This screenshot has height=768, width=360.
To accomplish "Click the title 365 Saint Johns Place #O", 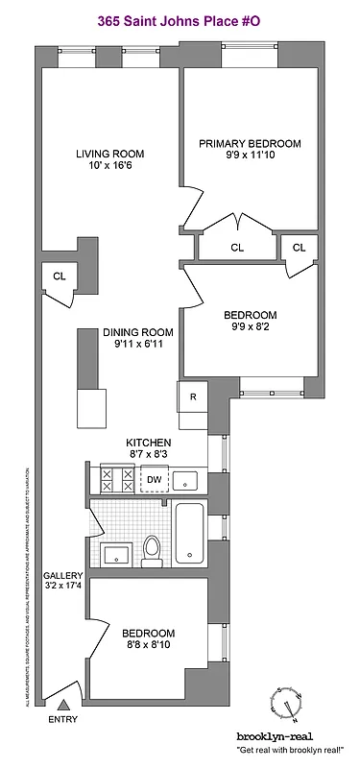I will tap(180, 16).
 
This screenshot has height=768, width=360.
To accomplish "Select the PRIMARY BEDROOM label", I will tap(250, 144).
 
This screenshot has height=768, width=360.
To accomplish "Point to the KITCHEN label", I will tap(148, 443).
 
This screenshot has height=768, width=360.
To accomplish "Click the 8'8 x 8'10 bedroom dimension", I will tap(148, 647).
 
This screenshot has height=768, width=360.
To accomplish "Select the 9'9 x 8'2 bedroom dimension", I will tap(251, 328).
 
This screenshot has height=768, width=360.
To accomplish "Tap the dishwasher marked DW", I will tap(154, 479).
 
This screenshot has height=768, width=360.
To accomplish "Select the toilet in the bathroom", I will tap(151, 548).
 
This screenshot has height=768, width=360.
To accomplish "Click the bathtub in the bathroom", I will tap(190, 535).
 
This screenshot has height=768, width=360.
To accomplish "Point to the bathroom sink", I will tap(118, 552).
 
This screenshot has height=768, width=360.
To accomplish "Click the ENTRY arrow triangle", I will tap(63, 706).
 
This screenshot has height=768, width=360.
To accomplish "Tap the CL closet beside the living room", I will tap(60, 276).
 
